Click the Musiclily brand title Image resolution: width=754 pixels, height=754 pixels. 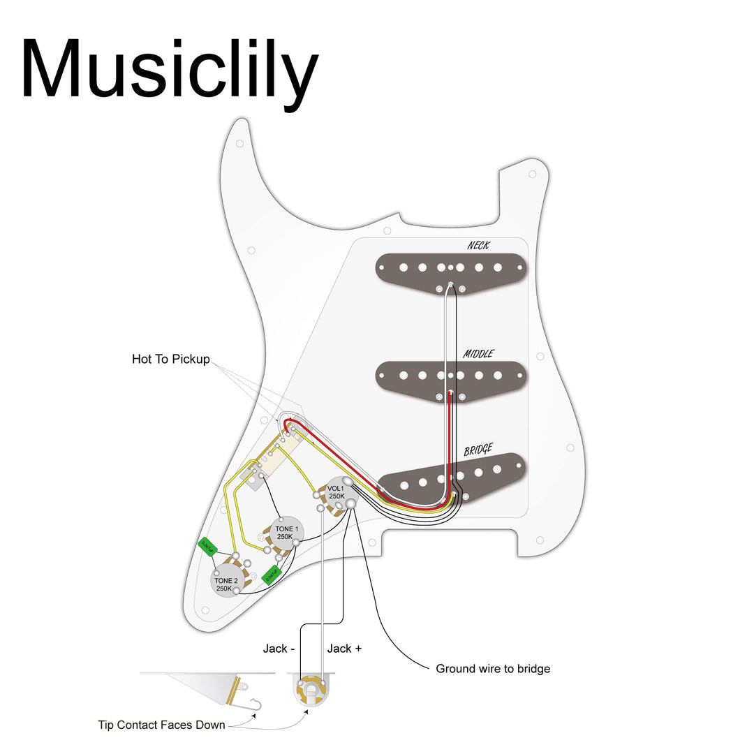coord(170,70)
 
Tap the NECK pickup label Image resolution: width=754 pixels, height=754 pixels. coord(478,246)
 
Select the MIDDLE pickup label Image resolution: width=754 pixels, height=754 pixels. coord(478,354)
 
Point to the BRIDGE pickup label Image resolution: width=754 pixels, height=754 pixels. coord(478,450)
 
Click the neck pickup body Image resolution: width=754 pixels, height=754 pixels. coord(451,272)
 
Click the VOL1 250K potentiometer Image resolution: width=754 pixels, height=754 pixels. coord(336,491)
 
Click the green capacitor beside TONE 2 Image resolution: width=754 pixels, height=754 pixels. coord(207,545)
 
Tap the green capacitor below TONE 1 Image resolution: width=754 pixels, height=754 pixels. coord(271,575)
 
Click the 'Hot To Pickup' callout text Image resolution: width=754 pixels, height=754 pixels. coord(170,360)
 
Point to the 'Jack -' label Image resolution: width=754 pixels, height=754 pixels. coord(279,649)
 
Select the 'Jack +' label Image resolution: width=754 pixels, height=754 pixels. coord(344,649)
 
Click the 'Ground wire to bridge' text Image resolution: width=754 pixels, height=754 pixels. coord(493,669)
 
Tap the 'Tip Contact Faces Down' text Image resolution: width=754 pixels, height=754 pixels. coord(161,725)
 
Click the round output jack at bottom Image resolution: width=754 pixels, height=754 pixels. coord(311,691)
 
